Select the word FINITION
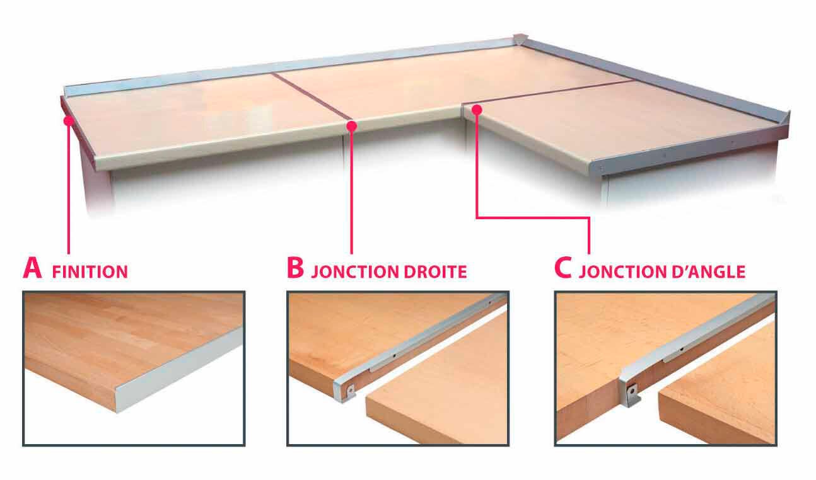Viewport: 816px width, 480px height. tap(90, 272)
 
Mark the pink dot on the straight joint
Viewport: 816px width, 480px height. tap(351, 127)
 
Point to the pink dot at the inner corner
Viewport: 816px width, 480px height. tap(477, 110)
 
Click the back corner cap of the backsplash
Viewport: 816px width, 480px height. tap(519, 40)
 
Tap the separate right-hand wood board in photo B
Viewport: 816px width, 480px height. tap(441, 391)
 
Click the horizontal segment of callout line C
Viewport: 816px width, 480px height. tap(533, 218)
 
